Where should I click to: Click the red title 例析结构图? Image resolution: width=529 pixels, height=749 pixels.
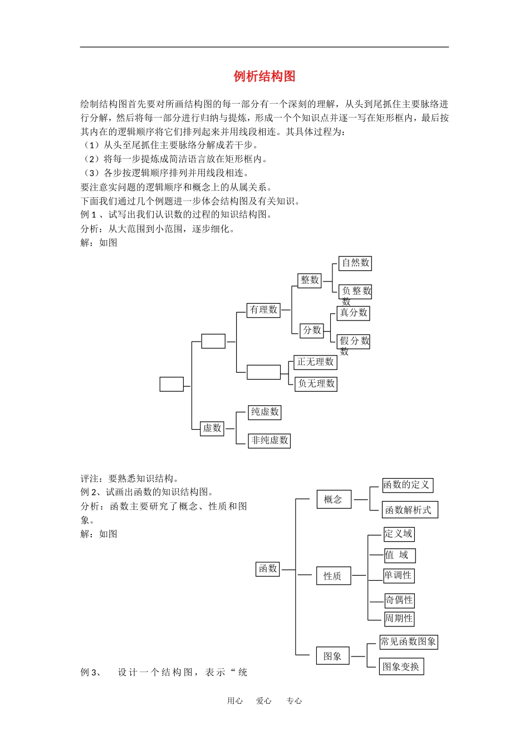point(264,76)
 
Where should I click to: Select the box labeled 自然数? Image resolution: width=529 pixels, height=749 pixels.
point(355,263)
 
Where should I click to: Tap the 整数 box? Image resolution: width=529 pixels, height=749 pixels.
point(310,280)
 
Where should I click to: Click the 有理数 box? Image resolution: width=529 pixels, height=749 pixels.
point(263,310)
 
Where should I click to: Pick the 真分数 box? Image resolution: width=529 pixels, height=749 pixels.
point(354,313)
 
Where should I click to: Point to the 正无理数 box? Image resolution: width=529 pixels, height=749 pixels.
point(315,362)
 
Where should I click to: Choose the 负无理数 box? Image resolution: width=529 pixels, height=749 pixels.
point(316,383)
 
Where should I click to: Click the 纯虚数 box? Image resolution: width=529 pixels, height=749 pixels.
point(264,412)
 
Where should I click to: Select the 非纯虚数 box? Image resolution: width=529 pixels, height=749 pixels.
point(270,440)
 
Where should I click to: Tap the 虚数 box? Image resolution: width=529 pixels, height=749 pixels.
point(212,428)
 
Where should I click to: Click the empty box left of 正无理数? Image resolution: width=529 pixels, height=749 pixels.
point(263,372)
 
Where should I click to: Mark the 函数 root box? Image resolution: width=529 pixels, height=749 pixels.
point(268,569)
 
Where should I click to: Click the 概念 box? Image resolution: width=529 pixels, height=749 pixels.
point(334,499)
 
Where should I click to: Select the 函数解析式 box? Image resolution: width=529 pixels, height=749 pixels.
point(410,509)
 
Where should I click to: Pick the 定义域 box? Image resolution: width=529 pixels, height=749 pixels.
point(399,534)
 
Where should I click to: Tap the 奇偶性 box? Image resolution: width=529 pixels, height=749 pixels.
point(399,600)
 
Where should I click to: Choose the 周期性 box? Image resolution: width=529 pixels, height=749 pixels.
point(399,619)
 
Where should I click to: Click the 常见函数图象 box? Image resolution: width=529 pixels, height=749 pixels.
point(408,642)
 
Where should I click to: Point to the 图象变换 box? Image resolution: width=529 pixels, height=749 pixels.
point(401,667)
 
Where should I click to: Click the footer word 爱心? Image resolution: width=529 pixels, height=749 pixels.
point(264,701)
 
